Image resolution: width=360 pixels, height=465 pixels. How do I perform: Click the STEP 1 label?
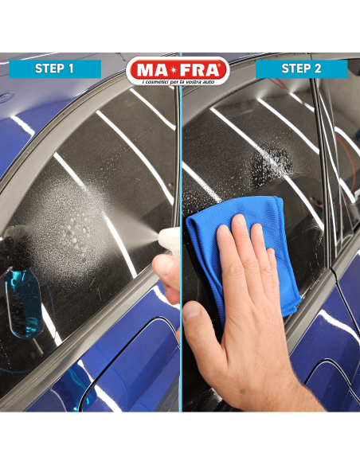pyautogui.click(x=55, y=68)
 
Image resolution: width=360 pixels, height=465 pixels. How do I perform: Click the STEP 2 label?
pyautogui.click(x=301, y=68)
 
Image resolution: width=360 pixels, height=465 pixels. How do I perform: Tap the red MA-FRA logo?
pyautogui.click(x=178, y=71)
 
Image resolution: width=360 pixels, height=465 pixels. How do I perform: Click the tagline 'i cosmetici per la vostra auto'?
pyautogui.click(x=178, y=81)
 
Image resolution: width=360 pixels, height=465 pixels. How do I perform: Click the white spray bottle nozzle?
pyautogui.click(x=168, y=238)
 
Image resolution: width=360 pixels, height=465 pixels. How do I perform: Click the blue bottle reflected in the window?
pyautogui.click(x=23, y=301)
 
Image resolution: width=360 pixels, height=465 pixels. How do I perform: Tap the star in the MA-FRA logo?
pyautogui.click(x=178, y=70)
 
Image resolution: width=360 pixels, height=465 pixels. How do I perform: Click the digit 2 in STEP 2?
pyautogui.click(x=317, y=68)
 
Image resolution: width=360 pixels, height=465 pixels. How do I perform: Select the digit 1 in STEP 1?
pyautogui.click(x=71, y=68)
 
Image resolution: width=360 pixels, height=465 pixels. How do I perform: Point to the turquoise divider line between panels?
pyautogui.click(x=180, y=232)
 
